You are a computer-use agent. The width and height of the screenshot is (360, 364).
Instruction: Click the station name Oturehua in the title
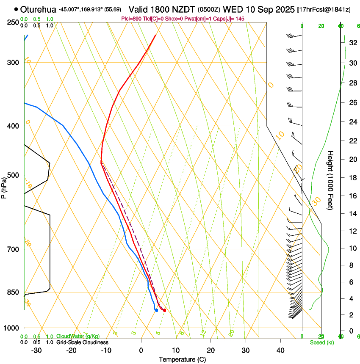(38, 9)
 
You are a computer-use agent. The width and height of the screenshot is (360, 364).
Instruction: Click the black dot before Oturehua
(16, 9)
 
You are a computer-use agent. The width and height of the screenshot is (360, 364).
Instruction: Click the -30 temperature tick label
(36, 350)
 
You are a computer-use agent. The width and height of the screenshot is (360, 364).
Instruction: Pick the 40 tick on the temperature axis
(280, 350)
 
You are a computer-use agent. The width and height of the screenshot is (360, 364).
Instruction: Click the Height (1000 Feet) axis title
(331, 180)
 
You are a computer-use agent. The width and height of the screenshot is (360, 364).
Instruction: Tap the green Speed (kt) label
(321, 342)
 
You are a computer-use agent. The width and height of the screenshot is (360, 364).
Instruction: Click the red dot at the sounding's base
(164, 311)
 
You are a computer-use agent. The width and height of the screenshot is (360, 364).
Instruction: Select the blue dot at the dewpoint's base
(156, 310)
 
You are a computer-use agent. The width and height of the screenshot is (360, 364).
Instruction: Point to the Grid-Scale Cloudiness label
(82, 342)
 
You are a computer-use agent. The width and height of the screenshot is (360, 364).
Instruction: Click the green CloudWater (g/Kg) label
(78, 337)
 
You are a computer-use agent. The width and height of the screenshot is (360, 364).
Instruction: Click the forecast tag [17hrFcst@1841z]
(324, 9)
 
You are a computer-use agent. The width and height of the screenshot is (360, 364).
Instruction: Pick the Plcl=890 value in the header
(132, 19)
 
